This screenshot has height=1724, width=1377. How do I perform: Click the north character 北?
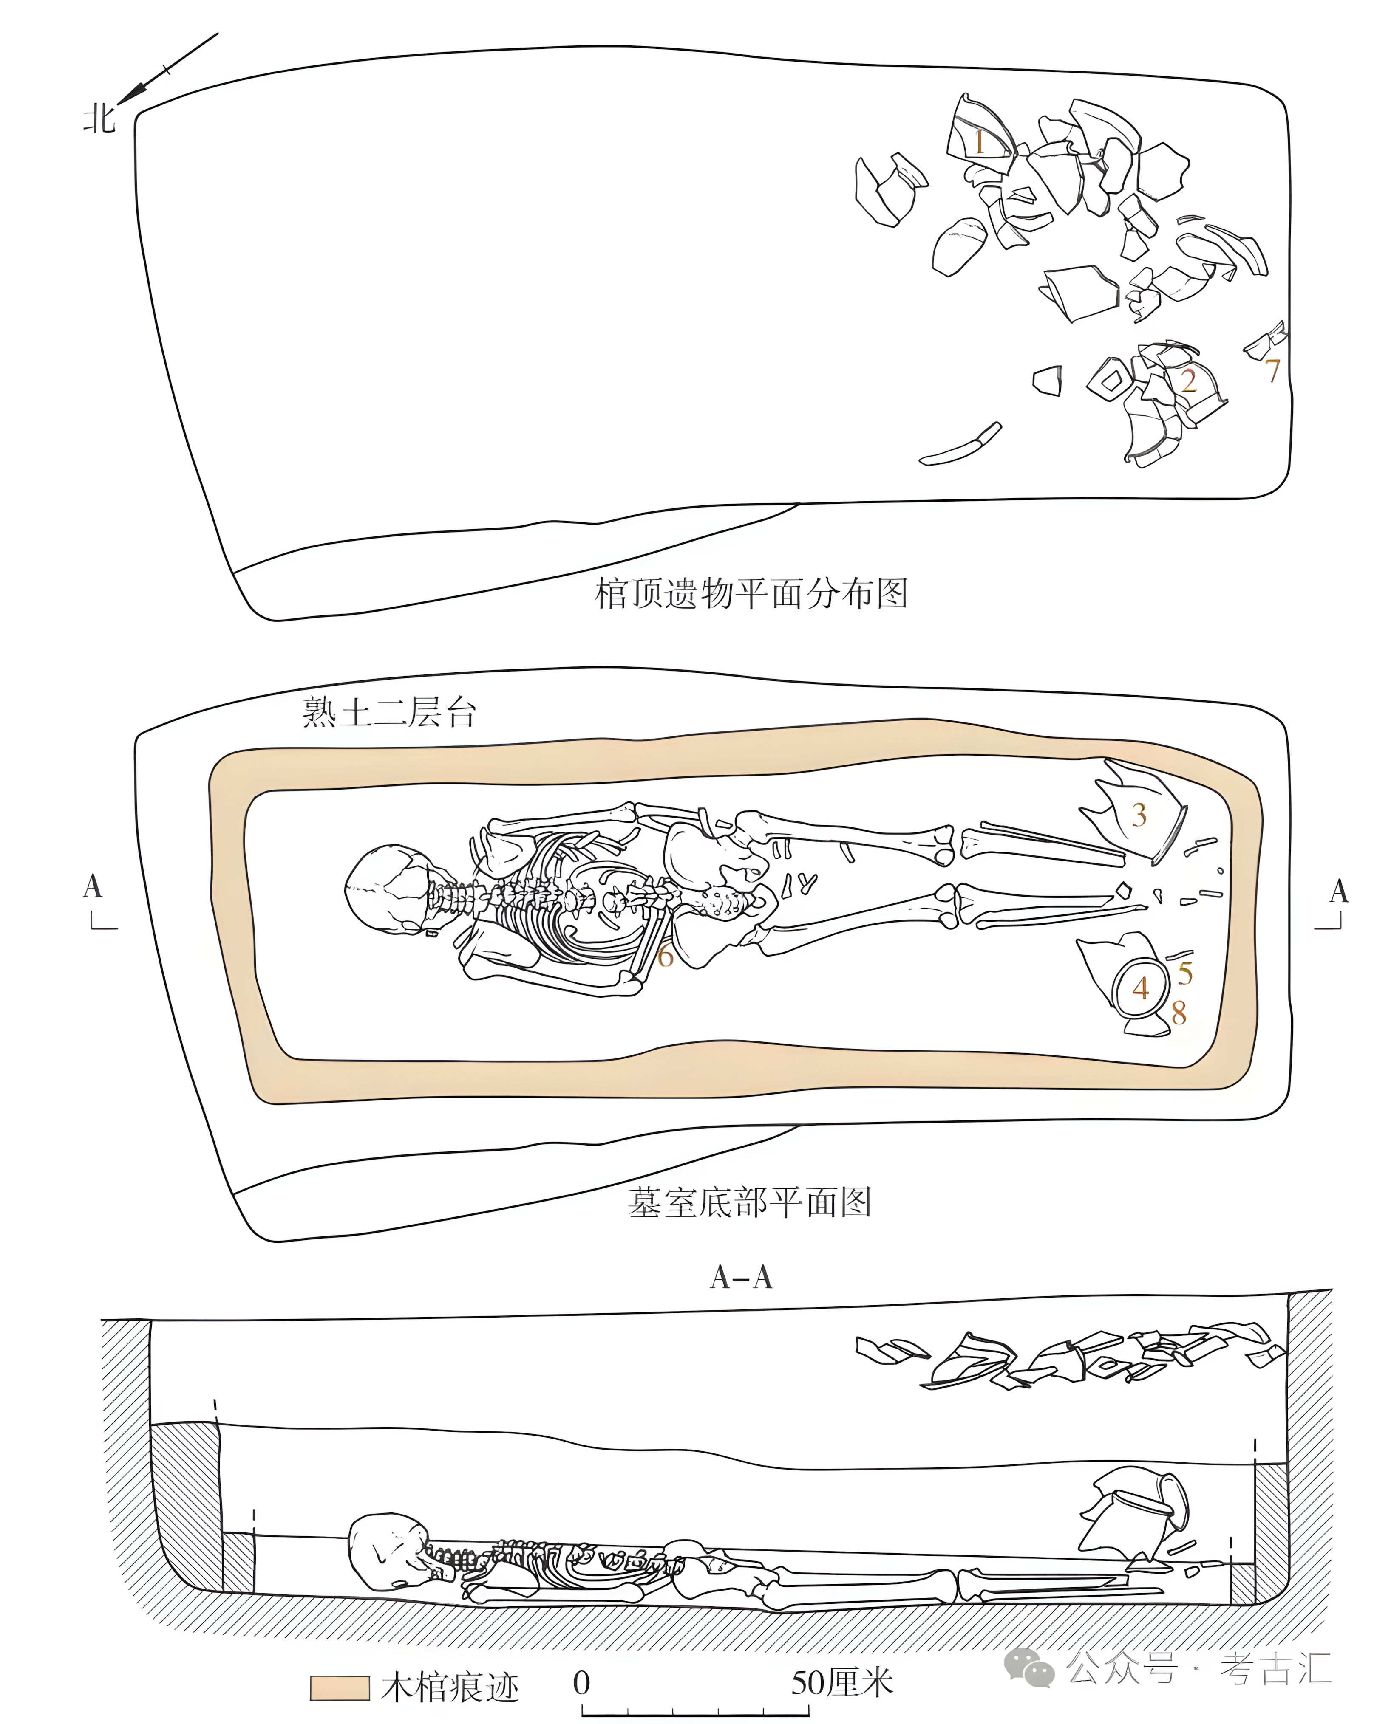tap(99, 119)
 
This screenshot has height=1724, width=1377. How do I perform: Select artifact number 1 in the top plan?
tap(978, 142)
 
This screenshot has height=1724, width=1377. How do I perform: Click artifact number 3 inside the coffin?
tap(1139, 815)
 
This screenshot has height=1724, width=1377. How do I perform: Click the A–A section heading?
tap(741, 1278)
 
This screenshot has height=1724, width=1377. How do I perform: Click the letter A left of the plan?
tap(93, 886)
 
